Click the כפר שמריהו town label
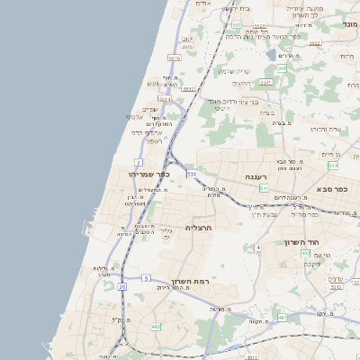tap(142, 175)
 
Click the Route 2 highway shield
tap(139, 161)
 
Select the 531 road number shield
tap(192, 173)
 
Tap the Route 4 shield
tap(257, 247)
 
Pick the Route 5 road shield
tap(146, 277)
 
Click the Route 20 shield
tap(121, 286)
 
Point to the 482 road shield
tap(156, 327)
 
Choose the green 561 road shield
tap(282, 68)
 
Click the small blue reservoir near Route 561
tap(272, 55)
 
